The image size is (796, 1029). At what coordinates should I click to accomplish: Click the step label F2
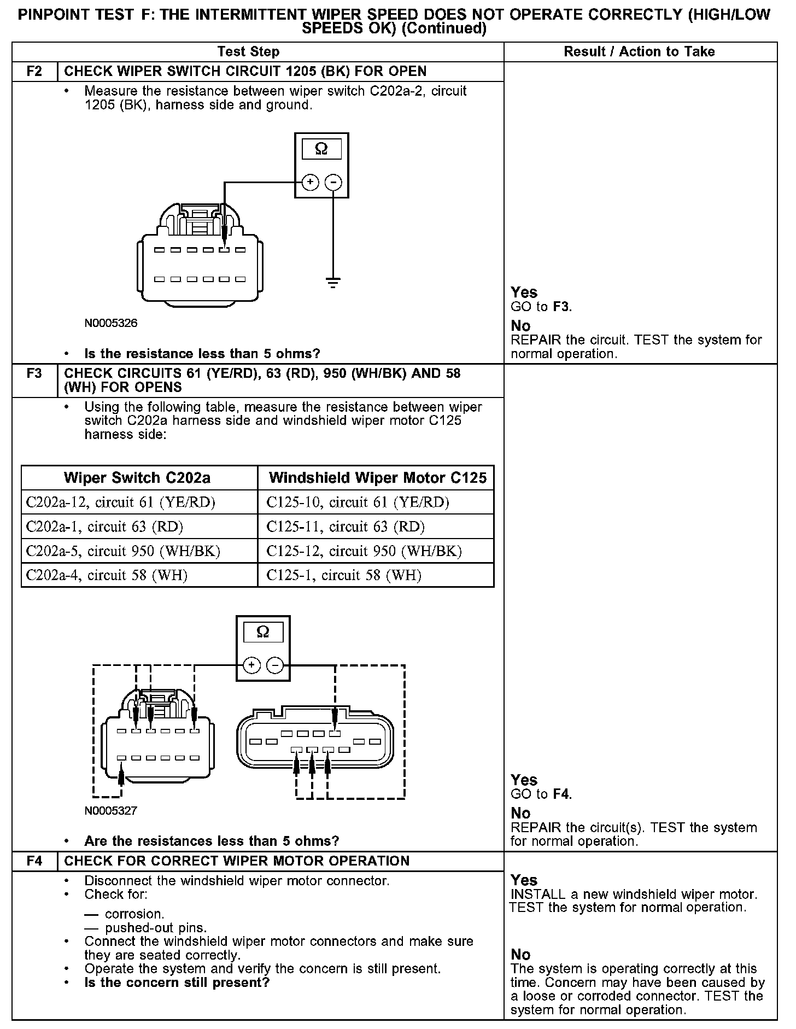34,72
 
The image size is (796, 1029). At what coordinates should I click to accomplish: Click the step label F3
34,374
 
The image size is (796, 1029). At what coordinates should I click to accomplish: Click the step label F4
34,861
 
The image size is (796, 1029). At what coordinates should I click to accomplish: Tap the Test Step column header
248,52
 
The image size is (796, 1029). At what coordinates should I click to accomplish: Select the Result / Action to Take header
639,52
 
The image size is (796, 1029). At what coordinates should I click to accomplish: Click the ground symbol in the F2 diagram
333,283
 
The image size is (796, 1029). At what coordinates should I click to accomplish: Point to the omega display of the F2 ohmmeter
321,149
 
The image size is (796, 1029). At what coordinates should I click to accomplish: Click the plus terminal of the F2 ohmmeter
310,182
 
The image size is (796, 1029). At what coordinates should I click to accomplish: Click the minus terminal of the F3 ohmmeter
275,665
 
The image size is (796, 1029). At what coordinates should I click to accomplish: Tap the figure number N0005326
111,323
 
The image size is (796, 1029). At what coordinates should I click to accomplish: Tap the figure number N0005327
111,811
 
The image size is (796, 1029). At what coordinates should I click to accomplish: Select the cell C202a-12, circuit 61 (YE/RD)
121,502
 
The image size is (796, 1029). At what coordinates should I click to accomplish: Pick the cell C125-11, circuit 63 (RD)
346,527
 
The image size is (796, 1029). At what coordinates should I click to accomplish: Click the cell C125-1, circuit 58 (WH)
344,575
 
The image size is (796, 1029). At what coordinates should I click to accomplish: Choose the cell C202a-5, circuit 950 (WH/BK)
123,551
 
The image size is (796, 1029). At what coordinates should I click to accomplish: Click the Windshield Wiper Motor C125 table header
377,478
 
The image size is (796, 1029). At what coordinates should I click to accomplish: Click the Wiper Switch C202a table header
137,478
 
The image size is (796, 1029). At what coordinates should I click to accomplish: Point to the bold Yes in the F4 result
524,880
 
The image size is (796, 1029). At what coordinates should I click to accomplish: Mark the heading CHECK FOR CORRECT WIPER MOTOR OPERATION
237,861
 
